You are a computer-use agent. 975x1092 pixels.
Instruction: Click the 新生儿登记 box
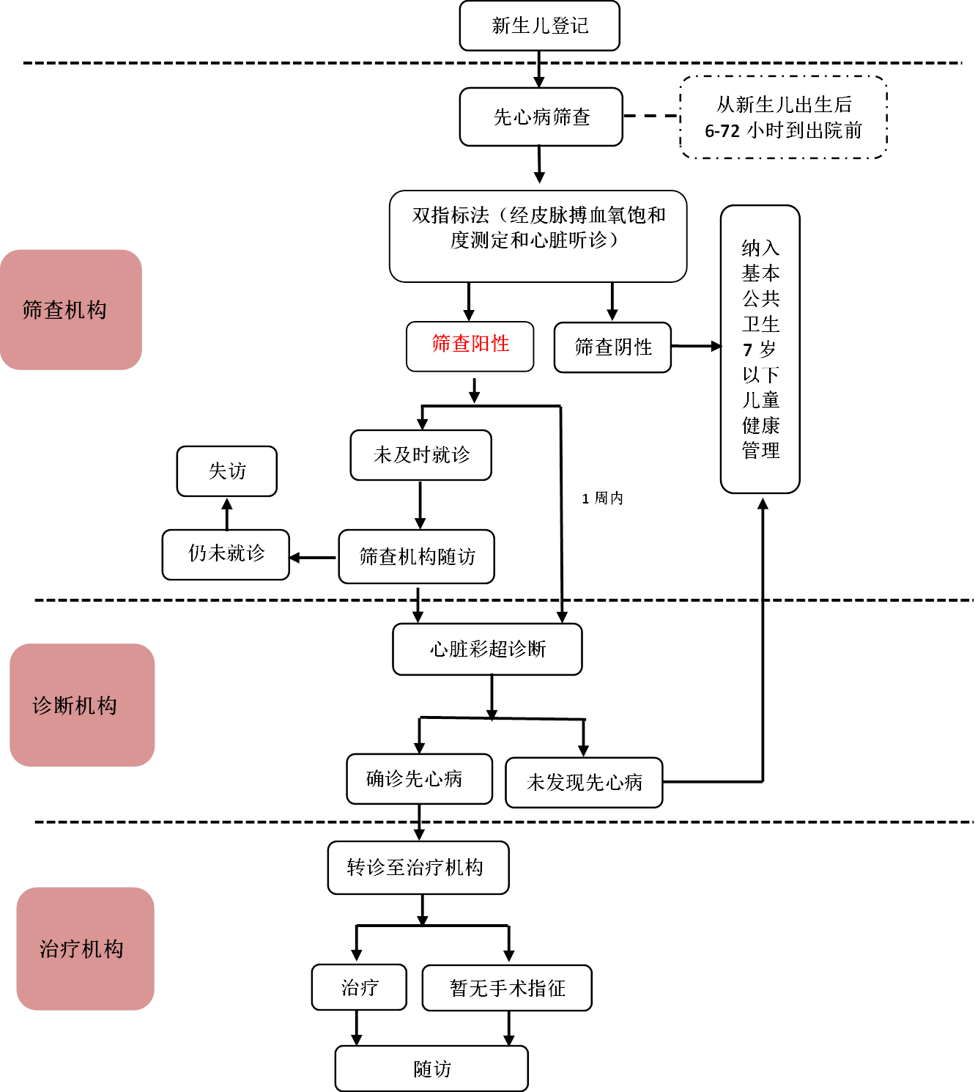click(540, 26)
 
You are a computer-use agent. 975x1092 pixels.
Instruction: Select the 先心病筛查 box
click(541, 117)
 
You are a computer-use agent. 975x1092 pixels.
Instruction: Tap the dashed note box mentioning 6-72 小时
click(784, 117)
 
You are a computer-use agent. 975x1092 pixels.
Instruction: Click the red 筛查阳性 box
click(470, 346)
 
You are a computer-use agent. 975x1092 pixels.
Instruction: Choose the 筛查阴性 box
click(613, 347)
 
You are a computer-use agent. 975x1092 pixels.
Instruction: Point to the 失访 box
click(227, 471)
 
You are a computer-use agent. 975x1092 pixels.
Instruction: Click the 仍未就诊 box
click(226, 555)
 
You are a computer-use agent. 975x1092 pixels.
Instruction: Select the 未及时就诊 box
click(421, 455)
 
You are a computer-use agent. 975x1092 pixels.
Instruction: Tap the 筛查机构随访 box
click(417, 557)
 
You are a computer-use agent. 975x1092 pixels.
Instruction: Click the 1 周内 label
click(602, 498)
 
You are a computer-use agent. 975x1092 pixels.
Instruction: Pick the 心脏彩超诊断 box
click(488, 649)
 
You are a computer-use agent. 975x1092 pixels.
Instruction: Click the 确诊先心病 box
click(420, 779)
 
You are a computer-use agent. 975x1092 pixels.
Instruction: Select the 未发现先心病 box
click(584, 783)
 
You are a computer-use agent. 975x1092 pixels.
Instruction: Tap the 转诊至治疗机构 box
click(418, 868)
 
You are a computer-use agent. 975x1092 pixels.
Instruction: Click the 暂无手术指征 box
click(507, 988)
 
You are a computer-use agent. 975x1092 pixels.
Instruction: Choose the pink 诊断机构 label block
click(82, 705)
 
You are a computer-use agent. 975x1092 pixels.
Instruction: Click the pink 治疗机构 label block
click(85, 949)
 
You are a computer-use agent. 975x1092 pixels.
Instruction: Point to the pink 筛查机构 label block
click(71, 310)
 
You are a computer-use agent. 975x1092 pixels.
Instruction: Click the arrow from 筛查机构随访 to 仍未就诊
click(314, 558)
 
